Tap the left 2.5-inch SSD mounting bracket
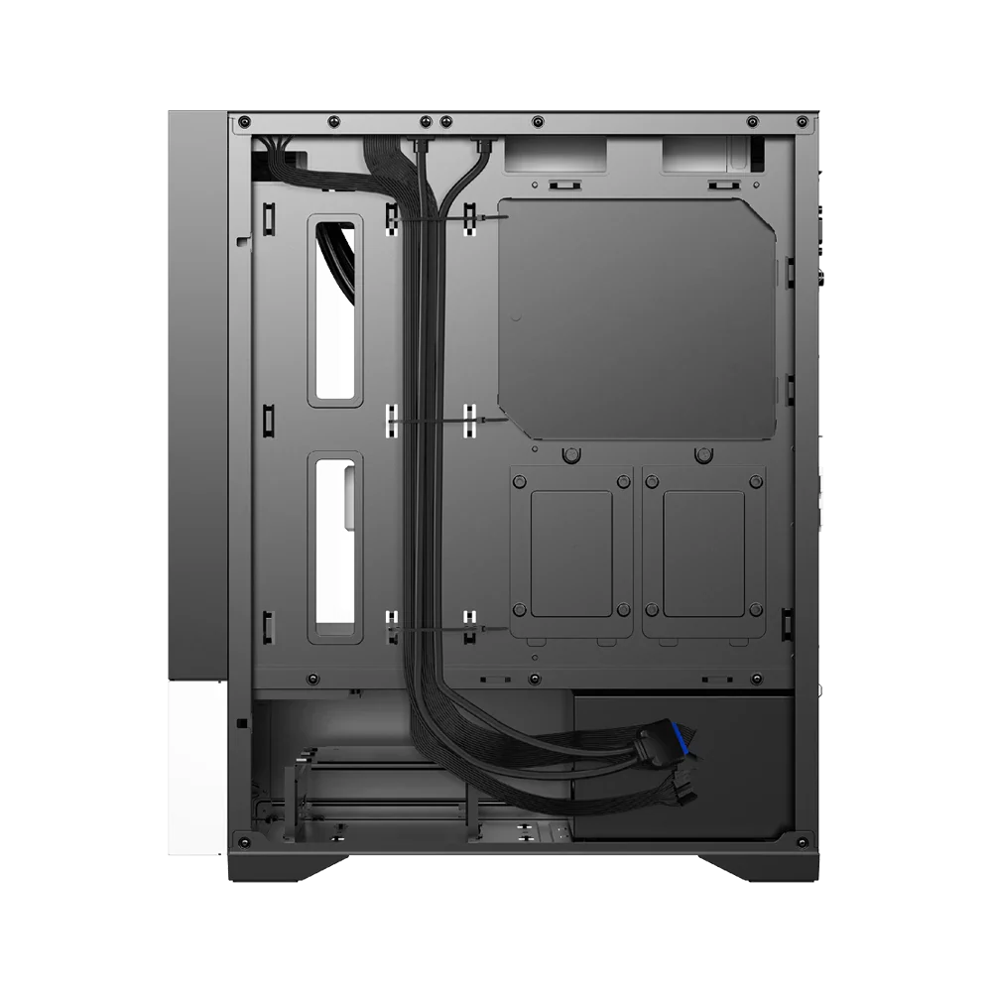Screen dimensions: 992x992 tap(571, 552)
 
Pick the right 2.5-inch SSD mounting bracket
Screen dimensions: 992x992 tap(704, 552)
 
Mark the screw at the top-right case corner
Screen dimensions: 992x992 tap(806, 121)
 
